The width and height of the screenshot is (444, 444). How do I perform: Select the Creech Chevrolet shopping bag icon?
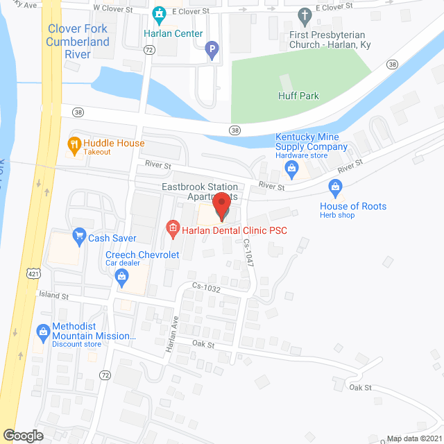click(x=122, y=278)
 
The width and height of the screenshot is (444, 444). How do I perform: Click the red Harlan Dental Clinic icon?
click(x=172, y=228)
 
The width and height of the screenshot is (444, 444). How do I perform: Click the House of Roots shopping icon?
click(x=336, y=186)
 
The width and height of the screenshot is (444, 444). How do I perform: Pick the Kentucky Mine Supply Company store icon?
click(x=293, y=167)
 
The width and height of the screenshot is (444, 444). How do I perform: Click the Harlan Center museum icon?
click(x=159, y=14)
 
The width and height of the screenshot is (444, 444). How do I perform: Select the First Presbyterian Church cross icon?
click(x=303, y=14)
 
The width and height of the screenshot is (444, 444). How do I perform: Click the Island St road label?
click(x=53, y=296)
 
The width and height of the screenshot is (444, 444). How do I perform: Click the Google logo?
click(x=23, y=435)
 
